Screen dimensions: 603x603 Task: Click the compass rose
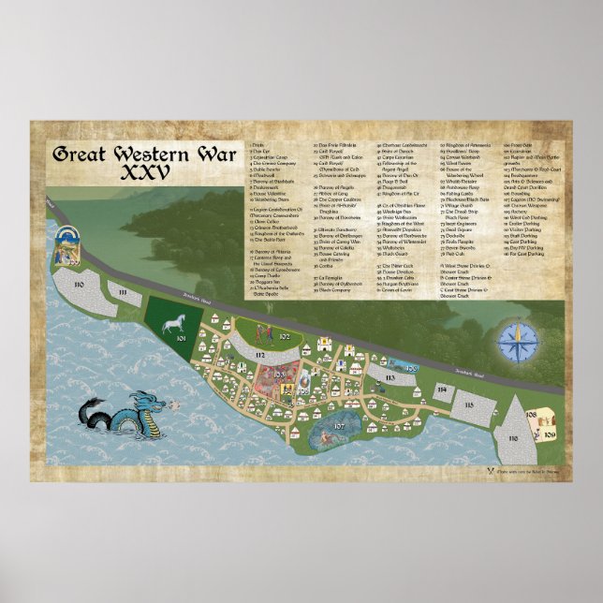(514, 341)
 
